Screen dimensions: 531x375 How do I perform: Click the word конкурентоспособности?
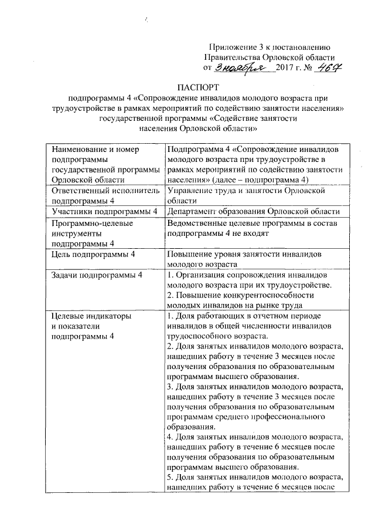tap(264, 296)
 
